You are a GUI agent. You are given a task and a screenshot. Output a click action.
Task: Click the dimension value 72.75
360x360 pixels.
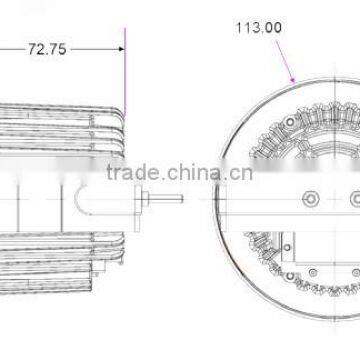47,49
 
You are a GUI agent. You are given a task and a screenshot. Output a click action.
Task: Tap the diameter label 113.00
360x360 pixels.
259,28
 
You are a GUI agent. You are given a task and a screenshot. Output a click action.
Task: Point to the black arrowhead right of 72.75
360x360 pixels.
121,49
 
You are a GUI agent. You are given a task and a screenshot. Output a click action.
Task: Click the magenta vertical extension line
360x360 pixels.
125,72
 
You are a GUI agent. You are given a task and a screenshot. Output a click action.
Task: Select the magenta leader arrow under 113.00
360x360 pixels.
285,61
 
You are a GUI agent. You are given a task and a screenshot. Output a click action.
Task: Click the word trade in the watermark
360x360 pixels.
133,173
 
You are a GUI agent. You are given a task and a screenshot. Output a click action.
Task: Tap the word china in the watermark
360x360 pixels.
194,173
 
